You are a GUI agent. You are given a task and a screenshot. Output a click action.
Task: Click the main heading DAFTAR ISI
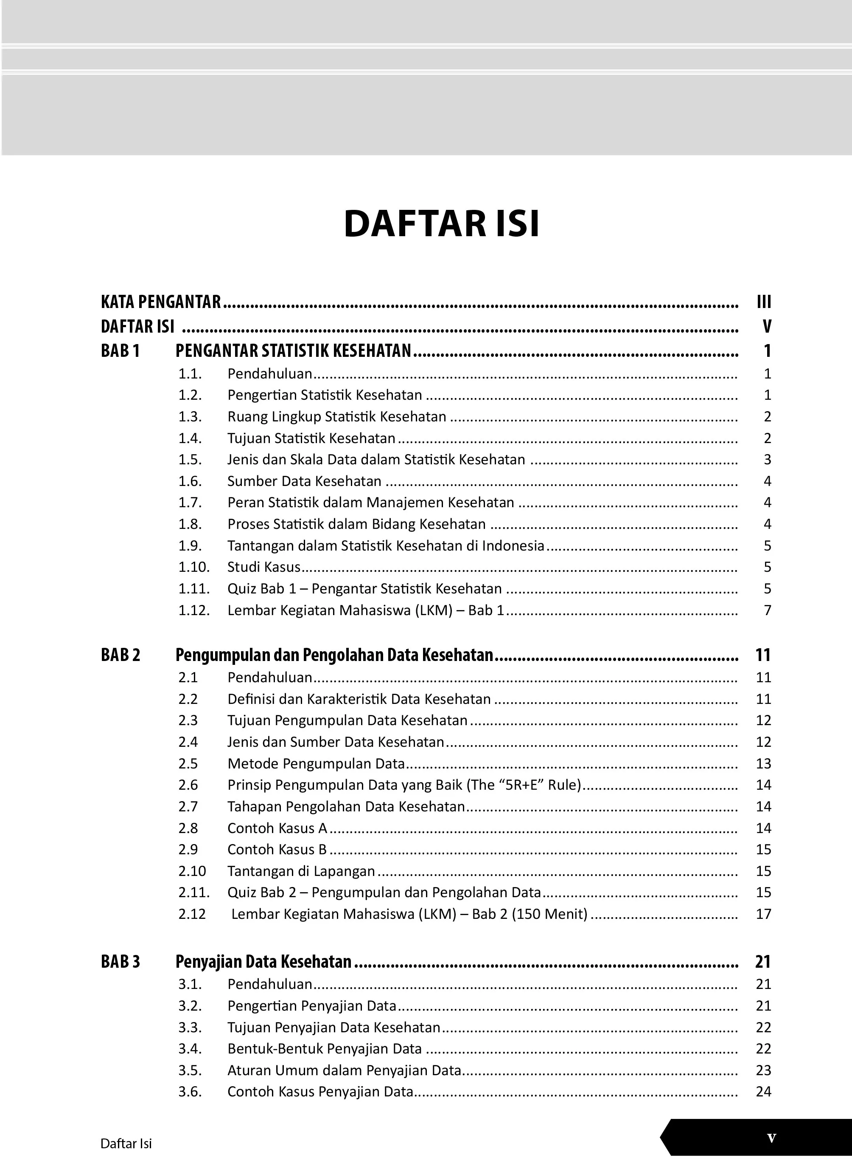point(441,224)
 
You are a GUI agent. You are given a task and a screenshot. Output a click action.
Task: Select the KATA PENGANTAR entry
point(161,302)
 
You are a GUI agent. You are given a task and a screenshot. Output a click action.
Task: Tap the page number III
point(764,302)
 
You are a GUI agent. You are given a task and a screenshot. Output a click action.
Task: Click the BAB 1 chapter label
point(120,351)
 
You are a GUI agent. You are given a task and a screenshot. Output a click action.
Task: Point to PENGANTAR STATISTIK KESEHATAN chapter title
point(293,351)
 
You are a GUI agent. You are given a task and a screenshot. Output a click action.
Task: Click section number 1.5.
point(190,460)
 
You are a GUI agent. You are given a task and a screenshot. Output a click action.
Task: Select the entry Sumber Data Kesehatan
point(304,481)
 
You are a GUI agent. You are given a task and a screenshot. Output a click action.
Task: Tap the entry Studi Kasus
point(263,567)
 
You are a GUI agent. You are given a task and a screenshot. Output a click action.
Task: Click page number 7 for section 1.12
point(768,610)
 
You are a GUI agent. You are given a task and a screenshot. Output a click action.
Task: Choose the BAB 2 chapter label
point(120,655)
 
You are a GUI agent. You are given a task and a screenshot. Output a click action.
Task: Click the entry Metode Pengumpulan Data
point(316,763)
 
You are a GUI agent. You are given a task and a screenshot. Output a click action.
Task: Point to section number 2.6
point(188,785)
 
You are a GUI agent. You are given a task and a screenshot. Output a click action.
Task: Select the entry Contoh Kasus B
point(277,849)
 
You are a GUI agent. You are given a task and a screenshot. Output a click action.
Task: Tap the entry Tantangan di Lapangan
point(301,871)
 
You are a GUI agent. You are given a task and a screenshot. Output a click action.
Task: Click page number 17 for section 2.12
point(763,914)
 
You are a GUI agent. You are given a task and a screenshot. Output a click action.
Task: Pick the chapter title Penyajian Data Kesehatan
point(263,962)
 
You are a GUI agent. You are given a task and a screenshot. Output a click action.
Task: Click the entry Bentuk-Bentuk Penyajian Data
point(325,1048)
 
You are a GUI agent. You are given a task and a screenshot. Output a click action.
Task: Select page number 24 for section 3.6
point(763,1091)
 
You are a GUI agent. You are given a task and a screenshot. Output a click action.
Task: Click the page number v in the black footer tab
point(771,1138)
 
